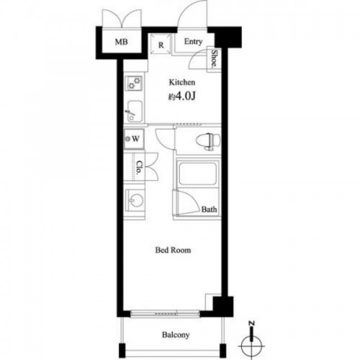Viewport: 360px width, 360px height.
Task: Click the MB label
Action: coord(121,42)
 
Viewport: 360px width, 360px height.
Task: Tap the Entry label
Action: coord(193,42)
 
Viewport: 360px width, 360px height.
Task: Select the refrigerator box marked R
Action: coord(161,44)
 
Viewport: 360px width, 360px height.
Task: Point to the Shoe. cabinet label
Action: coord(214,58)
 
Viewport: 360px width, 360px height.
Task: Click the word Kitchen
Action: coord(182,82)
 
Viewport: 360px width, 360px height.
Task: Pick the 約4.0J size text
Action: coord(182,97)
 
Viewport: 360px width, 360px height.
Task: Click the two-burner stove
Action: coord(134,83)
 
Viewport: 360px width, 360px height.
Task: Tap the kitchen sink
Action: coord(134,111)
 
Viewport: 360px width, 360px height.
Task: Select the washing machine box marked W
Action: coord(134,139)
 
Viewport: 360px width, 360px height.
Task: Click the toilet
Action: coord(209,141)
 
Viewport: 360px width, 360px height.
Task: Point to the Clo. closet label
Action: coord(139,168)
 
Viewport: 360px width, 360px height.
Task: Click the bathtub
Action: coord(197,173)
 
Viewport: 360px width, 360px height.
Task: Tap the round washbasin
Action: coord(136,200)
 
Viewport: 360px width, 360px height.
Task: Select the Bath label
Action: coord(209,209)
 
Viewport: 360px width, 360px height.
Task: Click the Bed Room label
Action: coord(173,250)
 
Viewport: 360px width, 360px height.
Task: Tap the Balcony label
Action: coord(176,335)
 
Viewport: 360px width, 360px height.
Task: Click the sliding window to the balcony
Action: coord(165,313)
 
